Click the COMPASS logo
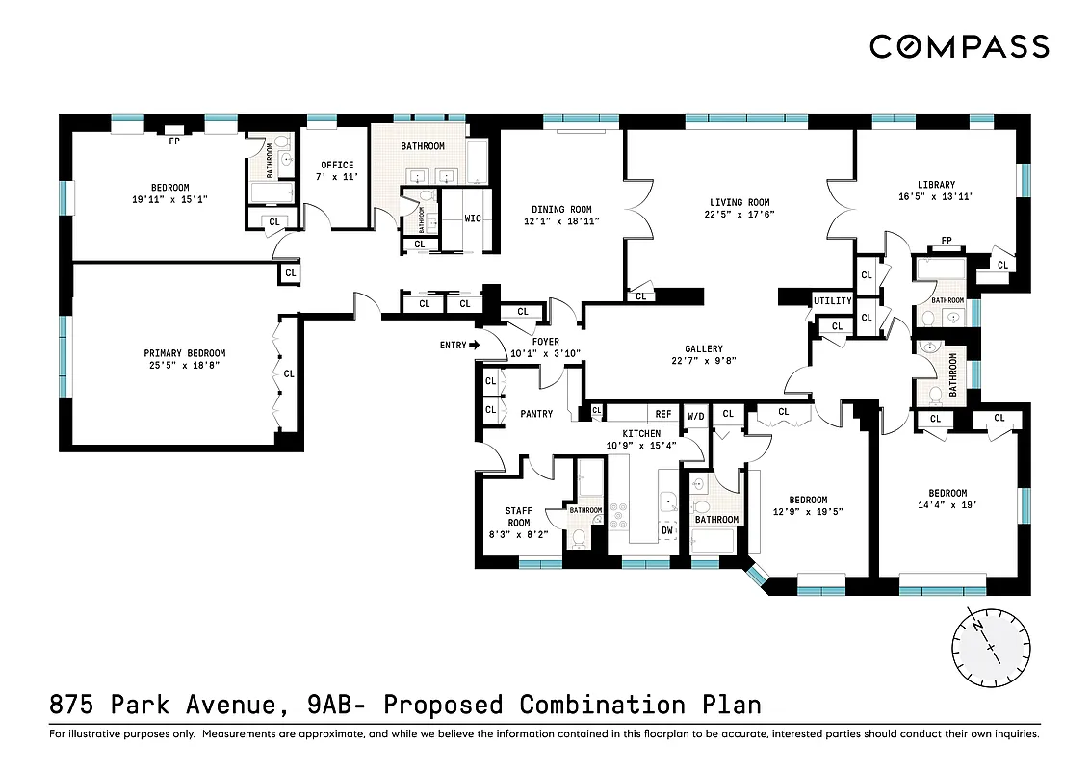959,46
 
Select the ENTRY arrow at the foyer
474,345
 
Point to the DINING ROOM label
561,209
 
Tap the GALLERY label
704,349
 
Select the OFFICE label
337,165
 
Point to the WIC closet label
473,218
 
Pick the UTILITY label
832,301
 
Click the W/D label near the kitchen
694,416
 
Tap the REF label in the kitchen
663,414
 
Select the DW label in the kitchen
666,529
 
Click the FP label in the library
946,241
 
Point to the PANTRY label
536,414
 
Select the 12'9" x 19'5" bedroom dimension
808,512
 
